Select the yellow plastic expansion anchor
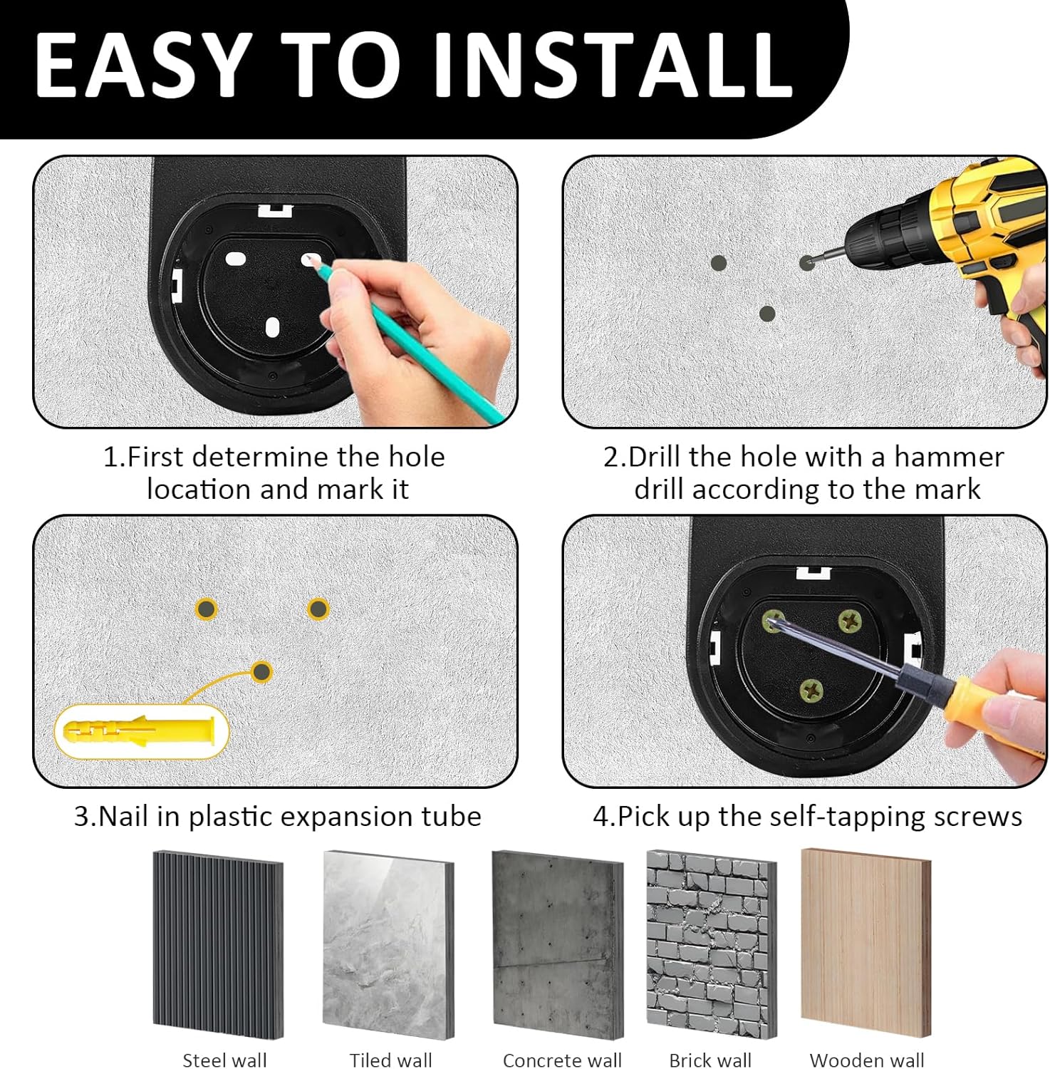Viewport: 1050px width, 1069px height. (x=139, y=731)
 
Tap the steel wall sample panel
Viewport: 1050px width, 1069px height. (x=218, y=945)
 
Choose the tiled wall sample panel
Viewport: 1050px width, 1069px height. (x=388, y=945)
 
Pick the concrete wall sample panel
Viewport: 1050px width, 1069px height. (x=558, y=945)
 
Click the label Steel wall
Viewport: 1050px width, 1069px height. (x=224, y=1060)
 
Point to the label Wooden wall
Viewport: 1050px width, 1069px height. (x=867, y=1060)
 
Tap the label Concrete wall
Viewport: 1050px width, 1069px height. (x=562, y=1060)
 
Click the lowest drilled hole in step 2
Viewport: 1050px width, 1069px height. (x=767, y=314)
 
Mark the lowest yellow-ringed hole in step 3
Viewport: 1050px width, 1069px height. (x=262, y=671)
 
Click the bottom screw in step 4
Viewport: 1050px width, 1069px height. (x=811, y=689)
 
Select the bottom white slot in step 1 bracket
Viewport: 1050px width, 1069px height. (x=272, y=327)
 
